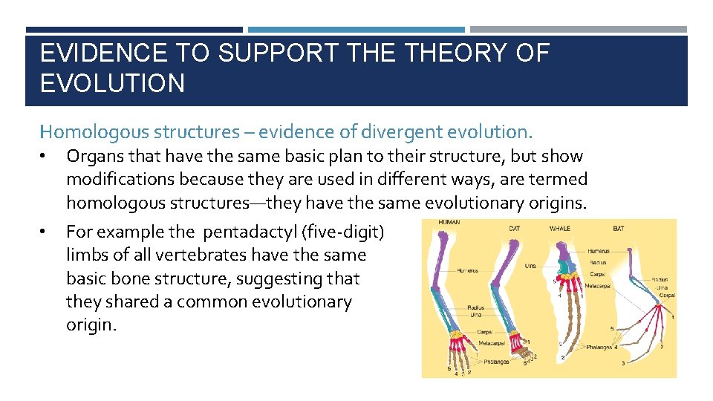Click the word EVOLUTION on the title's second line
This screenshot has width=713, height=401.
pos(112,83)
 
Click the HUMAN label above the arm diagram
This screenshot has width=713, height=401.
pos(449,223)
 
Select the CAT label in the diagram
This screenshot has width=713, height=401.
pos(514,228)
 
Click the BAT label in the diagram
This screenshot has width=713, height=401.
pos(619,228)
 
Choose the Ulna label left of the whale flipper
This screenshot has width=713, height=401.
pos(530,265)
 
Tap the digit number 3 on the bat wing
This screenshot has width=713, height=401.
pos(623,363)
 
